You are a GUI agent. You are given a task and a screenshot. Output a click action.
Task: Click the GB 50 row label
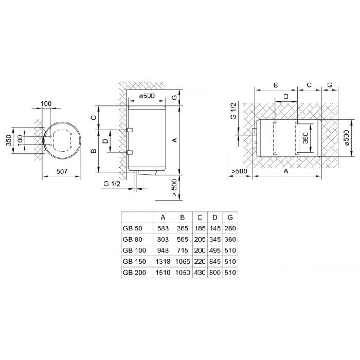click(x=133, y=228)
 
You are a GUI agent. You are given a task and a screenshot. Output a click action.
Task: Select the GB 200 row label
click(x=134, y=273)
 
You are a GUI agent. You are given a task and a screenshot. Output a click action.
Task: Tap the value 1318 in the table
click(x=163, y=261)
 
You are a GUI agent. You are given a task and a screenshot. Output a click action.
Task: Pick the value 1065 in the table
click(x=183, y=261)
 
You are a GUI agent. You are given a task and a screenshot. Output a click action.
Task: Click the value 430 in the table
click(x=200, y=273)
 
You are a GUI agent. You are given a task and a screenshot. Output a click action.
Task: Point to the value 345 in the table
click(x=215, y=240)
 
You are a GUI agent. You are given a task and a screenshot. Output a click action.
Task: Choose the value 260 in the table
click(x=230, y=228)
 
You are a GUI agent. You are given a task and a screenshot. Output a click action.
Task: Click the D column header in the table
click(x=215, y=217)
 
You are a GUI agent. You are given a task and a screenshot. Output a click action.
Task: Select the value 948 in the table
click(x=163, y=250)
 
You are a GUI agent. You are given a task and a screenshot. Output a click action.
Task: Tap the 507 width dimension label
click(x=62, y=171)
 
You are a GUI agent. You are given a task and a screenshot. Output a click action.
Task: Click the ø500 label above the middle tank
click(x=147, y=96)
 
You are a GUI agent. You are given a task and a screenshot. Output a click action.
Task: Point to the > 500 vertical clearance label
click(x=174, y=188)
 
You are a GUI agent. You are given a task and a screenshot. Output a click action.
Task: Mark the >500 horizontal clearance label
click(x=239, y=171)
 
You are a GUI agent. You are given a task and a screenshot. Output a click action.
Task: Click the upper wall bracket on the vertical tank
click(x=130, y=130)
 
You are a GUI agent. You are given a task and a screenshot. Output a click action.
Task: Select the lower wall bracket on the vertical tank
click(x=130, y=152)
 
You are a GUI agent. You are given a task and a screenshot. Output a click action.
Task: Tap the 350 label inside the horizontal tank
click(x=305, y=138)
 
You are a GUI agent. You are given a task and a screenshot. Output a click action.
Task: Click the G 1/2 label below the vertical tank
click(x=112, y=184)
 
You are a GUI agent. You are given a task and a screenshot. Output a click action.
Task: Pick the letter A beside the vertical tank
click(x=175, y=139)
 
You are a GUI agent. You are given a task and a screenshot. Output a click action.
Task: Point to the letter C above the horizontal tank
click(x=309, y=85)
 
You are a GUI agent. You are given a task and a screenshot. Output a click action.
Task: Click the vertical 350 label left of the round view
click(x=9, y=140)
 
